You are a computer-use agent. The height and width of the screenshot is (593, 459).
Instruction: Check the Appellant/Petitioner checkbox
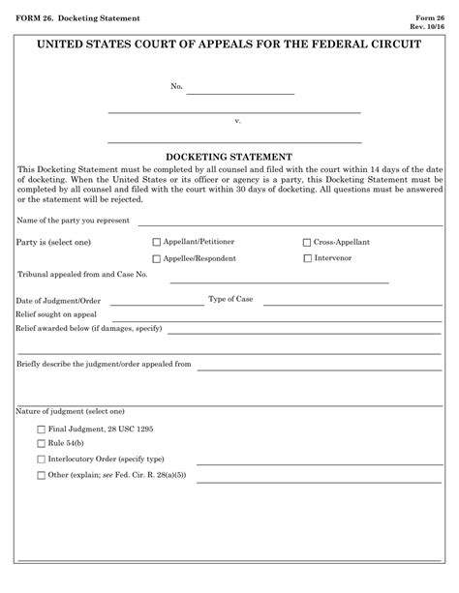[157, 242]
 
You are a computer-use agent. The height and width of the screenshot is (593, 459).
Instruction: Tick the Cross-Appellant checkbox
[307, 242]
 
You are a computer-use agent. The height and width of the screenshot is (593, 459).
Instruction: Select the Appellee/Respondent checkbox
[157, 258]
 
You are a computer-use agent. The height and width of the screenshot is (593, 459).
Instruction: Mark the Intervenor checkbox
[307, 258]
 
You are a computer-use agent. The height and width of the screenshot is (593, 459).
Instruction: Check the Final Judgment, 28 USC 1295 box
[40, 429]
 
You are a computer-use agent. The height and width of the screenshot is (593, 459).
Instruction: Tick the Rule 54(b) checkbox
[40, 443]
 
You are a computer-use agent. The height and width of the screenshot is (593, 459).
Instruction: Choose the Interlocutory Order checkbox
[40, 459]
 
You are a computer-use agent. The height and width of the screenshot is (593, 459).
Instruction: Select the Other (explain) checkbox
[40, 475]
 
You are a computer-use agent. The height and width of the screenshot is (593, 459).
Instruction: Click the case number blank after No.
[239, 90]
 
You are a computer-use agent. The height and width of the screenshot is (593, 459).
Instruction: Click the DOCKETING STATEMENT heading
[229, 155]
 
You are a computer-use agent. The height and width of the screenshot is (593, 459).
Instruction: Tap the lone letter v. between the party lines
[237, 121]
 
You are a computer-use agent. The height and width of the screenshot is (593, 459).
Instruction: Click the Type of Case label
[230, 299]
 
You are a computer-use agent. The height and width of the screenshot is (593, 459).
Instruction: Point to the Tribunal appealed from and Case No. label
[82, 276]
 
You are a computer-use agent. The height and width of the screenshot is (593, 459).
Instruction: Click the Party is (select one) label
[53, 242]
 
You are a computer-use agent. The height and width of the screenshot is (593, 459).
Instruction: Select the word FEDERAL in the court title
[310, 45]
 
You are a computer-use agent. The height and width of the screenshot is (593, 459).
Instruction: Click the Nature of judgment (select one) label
[71, 411]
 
